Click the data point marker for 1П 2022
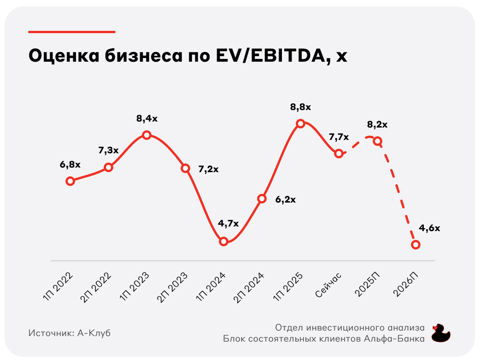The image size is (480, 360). coord(70,181)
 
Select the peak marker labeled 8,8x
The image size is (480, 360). coord(300,123)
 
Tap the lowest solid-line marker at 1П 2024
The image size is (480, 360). coord(224,242)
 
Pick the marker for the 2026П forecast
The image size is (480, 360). coord(416,244)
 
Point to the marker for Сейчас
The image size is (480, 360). coord(339,153)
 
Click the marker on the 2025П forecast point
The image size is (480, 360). coord(377,141)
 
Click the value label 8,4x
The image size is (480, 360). coord(146,119)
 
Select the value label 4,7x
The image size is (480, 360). coord(228,224)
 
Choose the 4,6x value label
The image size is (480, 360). coord(429,228)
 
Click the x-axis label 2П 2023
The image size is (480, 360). coord(172,286)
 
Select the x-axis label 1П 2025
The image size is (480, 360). coord(288,286)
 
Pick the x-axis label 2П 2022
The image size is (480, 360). coord(96,286)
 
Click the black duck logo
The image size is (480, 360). coord(441,333)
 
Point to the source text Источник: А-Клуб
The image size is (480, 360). coord(70,333)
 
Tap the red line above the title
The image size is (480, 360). coord(72,32)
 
